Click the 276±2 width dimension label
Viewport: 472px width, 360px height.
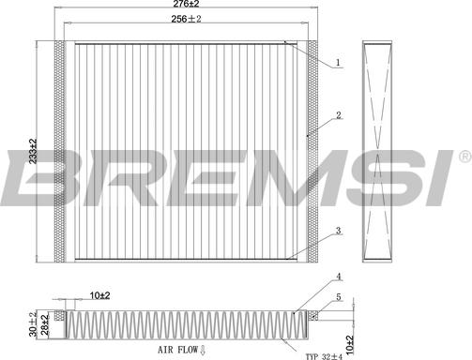point(186,4)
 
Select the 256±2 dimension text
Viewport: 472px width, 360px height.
point(186,19)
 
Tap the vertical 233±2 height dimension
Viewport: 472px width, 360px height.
point(33,151)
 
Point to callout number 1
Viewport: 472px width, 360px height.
point(338,62)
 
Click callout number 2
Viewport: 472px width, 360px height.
point(339,115)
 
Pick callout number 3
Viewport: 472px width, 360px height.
point(338,231)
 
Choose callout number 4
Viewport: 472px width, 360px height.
point(338,277)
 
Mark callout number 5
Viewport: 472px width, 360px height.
point(339,297)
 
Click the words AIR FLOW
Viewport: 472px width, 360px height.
point(178,350)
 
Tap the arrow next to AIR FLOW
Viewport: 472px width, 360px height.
point(203,350)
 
